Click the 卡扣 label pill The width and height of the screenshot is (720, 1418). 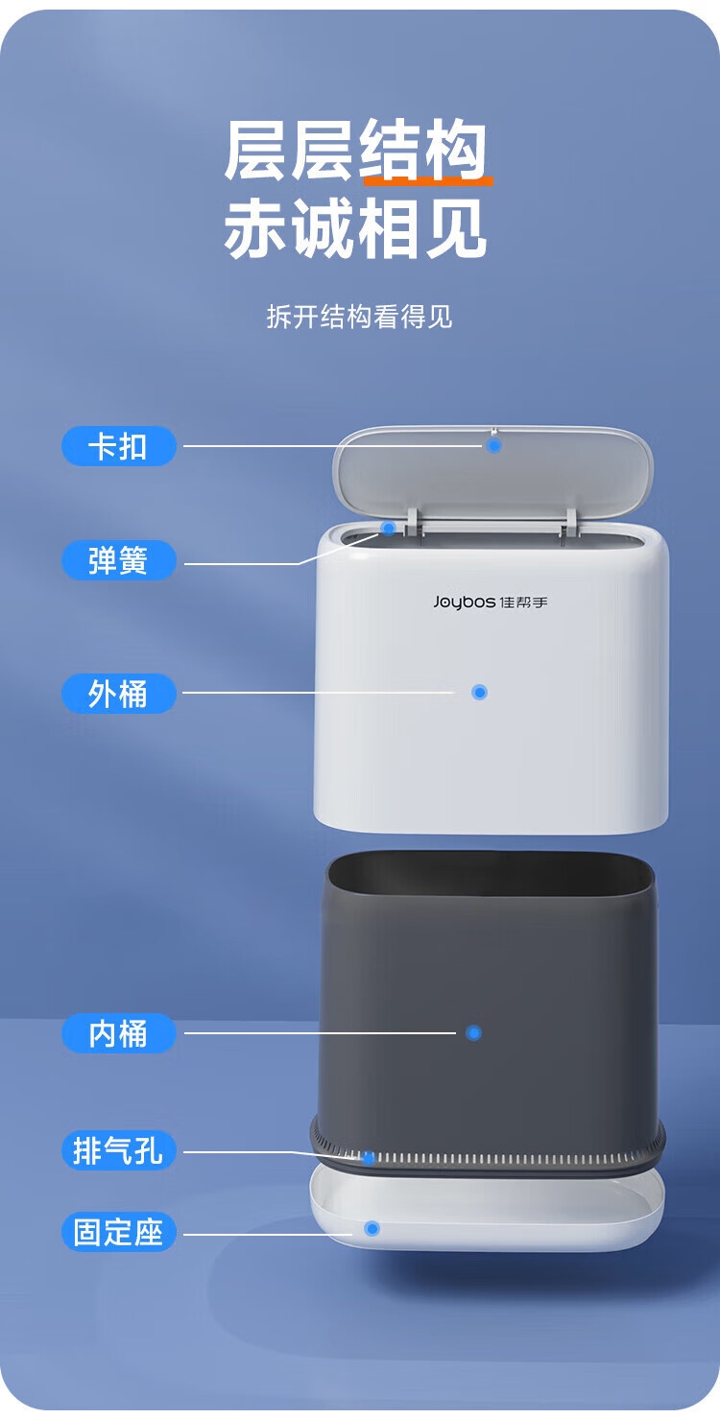coord(118,446)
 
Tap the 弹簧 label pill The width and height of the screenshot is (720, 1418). coord(118,560)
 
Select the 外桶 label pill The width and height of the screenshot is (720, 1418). coord(118,694)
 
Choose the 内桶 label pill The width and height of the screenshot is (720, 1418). coord(118,1033)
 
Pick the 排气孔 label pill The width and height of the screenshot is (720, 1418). coord(118,1150)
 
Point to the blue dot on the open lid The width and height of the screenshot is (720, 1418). coord(494,446)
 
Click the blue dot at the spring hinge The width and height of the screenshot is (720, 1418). coord(389,528)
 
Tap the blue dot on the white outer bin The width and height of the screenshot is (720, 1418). coord(479,692)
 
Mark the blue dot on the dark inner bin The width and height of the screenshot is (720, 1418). coord(473,1032)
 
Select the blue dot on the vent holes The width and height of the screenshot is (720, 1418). coord(368,1158)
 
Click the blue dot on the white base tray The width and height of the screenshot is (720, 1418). coord(372,1228)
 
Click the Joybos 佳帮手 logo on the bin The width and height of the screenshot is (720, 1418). coord(491,602)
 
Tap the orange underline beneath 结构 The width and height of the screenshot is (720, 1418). coord(428,181)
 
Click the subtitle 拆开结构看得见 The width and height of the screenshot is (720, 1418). coord(360,317)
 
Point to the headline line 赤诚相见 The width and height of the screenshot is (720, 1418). coord(355,228)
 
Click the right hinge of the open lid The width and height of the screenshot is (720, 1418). coord(569,521)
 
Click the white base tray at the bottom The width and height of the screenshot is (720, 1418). coord(487,1209)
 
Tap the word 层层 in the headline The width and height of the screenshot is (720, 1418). coord(290,151)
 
